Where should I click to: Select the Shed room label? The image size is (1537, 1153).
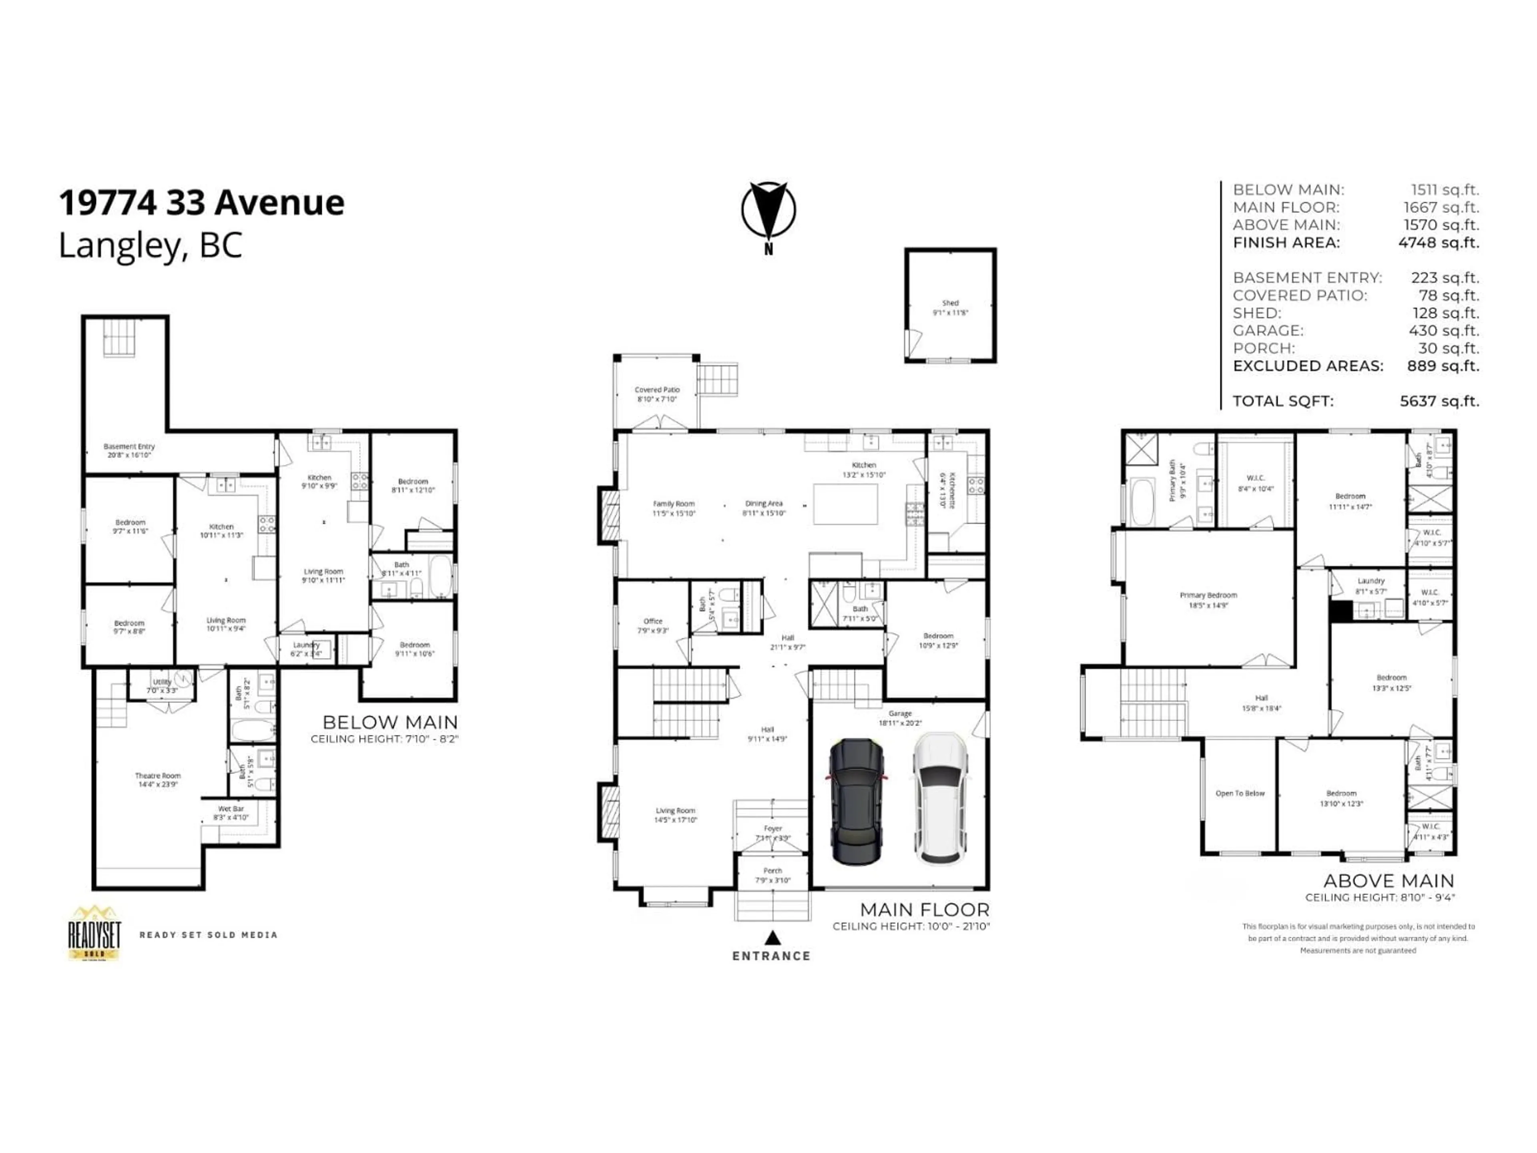950,303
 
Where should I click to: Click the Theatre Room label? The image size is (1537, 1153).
158,775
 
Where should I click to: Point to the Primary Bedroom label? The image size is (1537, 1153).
1208,596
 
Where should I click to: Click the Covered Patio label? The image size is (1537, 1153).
657,390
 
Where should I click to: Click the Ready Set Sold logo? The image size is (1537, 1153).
94,933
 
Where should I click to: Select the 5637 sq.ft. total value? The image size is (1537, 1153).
1439,401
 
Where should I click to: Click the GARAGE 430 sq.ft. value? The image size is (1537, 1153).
1443,331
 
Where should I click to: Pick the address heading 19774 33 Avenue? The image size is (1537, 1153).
201,203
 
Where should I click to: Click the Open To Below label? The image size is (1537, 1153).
1240,793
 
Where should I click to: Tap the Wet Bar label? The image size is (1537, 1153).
231,809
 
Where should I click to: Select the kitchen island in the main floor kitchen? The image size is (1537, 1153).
845,504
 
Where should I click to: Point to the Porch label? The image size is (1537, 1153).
773,871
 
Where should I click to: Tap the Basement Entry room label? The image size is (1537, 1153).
129,447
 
